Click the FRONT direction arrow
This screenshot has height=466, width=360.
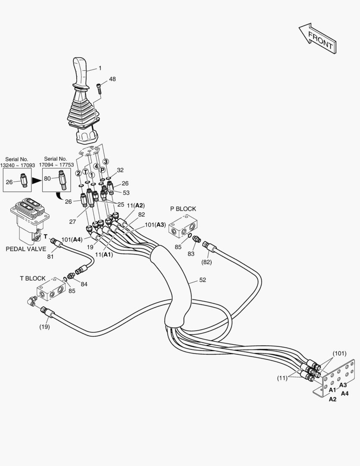tap(317, 39)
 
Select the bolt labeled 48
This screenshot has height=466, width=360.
tap(99, 88)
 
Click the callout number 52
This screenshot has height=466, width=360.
tap(203, 280)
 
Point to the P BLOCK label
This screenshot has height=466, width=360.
tap(183, 209)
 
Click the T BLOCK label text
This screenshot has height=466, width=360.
tap(33, 278)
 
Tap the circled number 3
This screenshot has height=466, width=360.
tap(105, 161)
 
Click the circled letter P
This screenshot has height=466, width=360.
tap(103, 170)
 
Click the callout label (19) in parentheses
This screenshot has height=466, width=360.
tap(44, 327)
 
